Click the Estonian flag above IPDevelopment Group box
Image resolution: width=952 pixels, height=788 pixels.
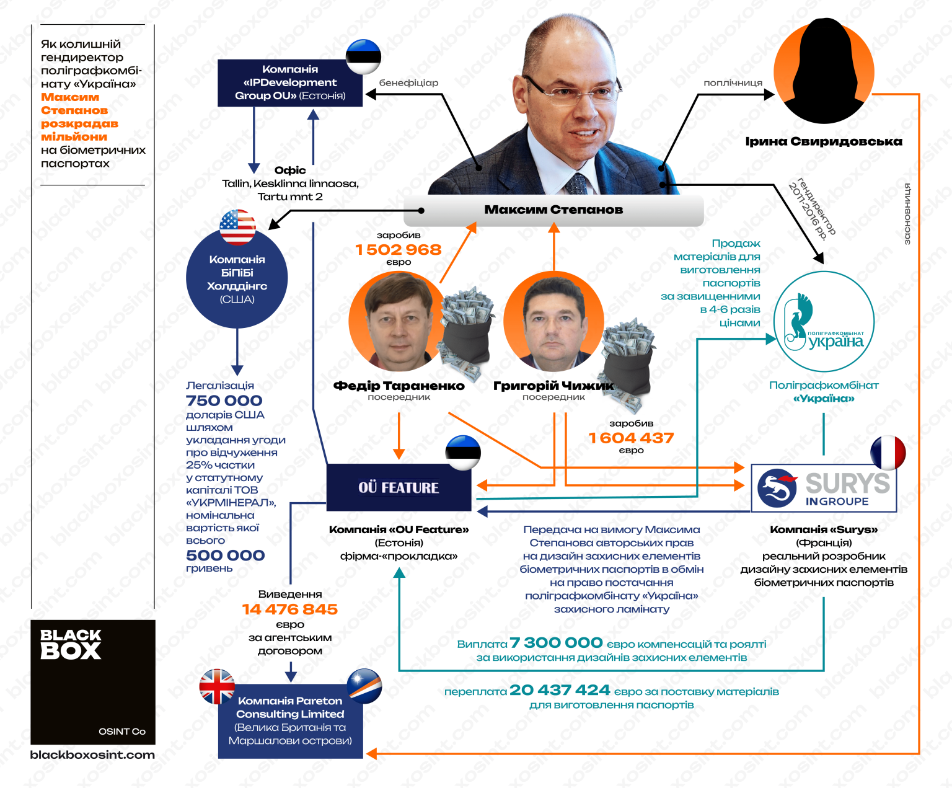pyautogui.click(x=363, y=56)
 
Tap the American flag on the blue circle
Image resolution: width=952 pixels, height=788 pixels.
pyautogui.click(x=237, y=227)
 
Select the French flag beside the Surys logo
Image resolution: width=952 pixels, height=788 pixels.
pyautogui.click(x=888, y=453)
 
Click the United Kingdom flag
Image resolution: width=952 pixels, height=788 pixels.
pyautogui.click(x=217, y=686)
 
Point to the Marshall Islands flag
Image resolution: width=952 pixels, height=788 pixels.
pyautogui.click(x=364, y=686)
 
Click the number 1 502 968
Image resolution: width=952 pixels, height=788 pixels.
pyautogui.click(x=398, y=250)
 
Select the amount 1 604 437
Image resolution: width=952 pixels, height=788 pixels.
pyautogui.click(x=631, y=438)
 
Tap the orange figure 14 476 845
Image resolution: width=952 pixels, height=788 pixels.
pyautogui.click(x=289, y=609)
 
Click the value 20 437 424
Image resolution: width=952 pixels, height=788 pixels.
pyautogui.click(x=560, y=690)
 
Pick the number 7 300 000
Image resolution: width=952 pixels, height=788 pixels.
pyautogui.click(x=556, y=643)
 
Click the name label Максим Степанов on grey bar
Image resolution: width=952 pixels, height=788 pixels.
pyautogui.click(x=553, y=210)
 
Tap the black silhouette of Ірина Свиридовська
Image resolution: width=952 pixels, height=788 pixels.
pyautogui.click(x=824, y=71)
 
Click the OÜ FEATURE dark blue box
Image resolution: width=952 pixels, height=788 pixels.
pyautogui.click(x=399, y=487)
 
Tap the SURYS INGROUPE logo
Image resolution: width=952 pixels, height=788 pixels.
pyautogui.click(x=824, y=488)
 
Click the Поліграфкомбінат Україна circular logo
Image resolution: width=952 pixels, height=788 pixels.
pyautogui.click(x=824, y=321)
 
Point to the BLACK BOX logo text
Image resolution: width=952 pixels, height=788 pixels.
pyautogui.click(x=71, y=644)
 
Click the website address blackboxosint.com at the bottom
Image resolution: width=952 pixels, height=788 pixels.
pyautogui.click(x=92, y=755)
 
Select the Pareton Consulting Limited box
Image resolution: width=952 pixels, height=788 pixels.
pyautogui.click(x=290, y=721)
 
